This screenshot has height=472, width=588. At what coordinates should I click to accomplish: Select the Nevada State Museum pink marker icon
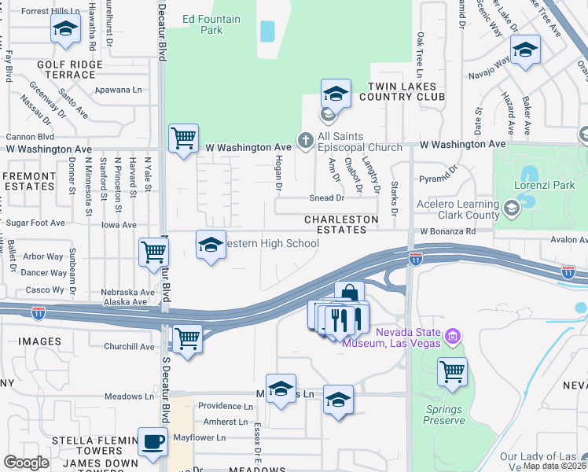452,337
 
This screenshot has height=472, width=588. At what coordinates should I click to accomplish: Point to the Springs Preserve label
445,415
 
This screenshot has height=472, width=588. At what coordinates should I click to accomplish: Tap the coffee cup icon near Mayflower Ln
153,441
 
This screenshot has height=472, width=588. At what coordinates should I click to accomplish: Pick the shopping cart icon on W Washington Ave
183,138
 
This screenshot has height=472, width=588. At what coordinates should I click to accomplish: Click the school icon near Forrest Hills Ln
66,29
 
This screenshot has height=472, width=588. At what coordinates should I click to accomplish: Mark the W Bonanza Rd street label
448,232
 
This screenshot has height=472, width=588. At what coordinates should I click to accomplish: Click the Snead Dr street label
327,198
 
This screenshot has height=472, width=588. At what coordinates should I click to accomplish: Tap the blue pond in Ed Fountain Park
267,31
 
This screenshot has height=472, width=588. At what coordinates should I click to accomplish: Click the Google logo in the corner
26,463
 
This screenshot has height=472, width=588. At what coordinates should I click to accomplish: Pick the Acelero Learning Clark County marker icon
512,208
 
